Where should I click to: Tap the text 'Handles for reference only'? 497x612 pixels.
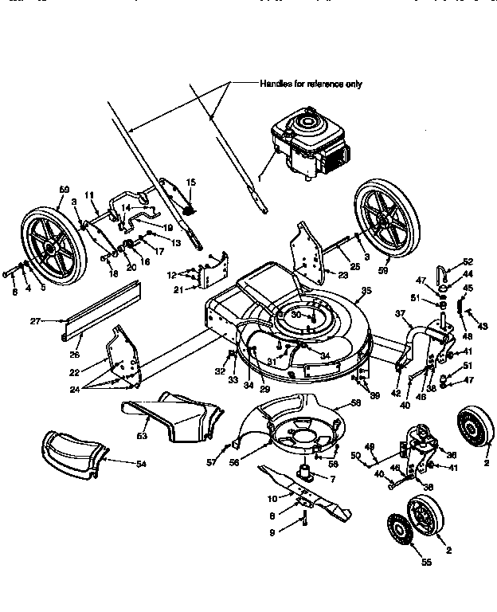pyautogui.click(x=311, y=83)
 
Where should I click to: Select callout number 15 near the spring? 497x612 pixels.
pyautogui.click(x=190, y=182)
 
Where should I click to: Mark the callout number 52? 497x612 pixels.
pyautogui.click(x=468, y=261)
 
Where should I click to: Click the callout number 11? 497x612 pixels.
pyautogui.click(x=90, y=194)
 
